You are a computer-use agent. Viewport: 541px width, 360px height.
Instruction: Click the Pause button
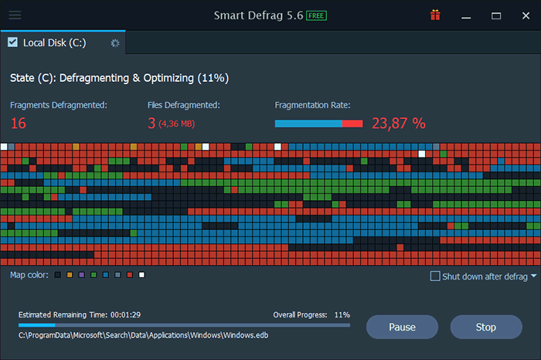tap(402, 327)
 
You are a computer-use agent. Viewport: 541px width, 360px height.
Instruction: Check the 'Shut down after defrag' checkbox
tap(435, 276)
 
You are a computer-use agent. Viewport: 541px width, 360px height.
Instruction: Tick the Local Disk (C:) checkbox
tap(12, 42)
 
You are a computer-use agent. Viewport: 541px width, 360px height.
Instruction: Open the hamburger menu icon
tap(15, 15)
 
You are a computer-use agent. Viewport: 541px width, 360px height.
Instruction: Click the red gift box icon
tap(436, 15)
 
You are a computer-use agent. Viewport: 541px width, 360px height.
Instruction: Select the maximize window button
tap(496, 15)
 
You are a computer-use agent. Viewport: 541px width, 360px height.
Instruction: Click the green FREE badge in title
tap(316, 15)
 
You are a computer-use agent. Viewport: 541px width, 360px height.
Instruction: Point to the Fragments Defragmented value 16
tap(19, 123)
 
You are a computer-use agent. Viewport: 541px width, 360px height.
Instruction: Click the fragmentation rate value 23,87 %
tap(399, 123)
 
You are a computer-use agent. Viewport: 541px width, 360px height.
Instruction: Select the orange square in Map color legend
tap(70, 275)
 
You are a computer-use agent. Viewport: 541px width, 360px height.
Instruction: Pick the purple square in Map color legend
tap(82, 275)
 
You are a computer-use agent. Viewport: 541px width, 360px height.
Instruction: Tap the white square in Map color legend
tap(141, 275)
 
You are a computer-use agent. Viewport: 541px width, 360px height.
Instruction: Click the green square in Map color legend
tap(94, 275)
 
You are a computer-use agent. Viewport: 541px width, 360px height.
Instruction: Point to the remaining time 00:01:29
tap(124, 315)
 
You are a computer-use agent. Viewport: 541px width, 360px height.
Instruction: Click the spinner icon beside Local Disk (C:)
tap(115, 43)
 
